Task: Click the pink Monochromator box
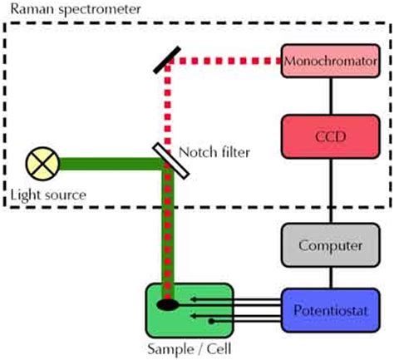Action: coord(330,61)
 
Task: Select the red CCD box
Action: coord(330,136)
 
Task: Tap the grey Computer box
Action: coord(330,245)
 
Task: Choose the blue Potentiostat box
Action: coord(330,310)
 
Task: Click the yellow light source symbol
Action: coord(42,164)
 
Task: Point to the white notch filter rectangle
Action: coord(171,161)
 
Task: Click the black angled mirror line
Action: coord(167,60)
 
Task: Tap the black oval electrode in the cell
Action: coord(167,304)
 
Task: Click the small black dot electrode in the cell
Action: coord(211,322)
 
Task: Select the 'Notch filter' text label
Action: coord(214,152)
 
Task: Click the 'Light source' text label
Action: coord(48,195)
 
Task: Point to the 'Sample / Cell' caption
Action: coord(190,348)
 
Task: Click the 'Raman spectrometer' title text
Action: coord(76,9)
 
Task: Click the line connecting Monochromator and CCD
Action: coord(331,96)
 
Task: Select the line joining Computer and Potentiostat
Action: coord(331,278)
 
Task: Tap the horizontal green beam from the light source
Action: coord(111,164)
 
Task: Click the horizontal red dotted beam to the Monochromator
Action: coord(223,61)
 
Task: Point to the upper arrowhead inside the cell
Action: coord(194,299)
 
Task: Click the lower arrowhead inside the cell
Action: coord(194,316)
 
